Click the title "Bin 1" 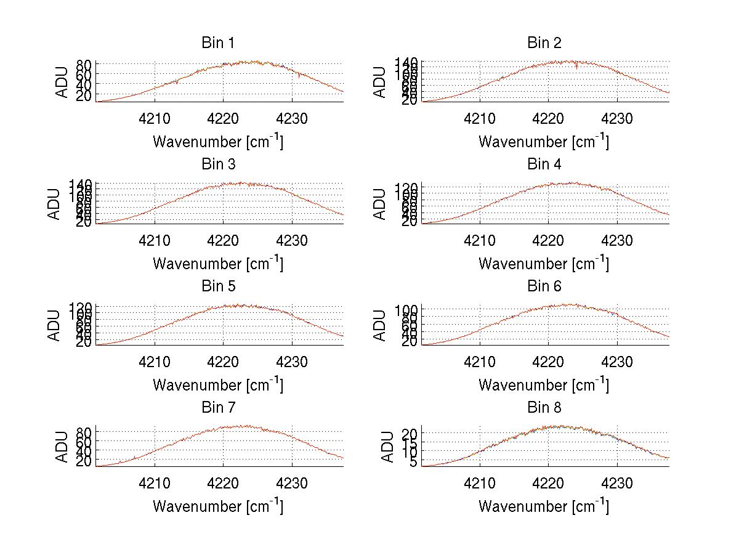[x=217, y=43]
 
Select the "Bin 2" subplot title [x=544, y=43]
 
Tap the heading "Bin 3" [x=217, y=164]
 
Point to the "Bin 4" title [x=544, y=164]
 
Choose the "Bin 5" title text [x=217, y=286]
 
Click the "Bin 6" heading [x=544, y=286]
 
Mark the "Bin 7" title [x=217, y=408]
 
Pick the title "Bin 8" [x=544, y=408]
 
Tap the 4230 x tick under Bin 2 [x=617, y=118]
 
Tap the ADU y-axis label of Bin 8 [x=388, y=447]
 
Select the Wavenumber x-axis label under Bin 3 [x=217, y=264]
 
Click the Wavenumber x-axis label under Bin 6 [x=544, y=386]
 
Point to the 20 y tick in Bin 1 [x=84, y=95]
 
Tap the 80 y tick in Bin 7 [x=84, y=432]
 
